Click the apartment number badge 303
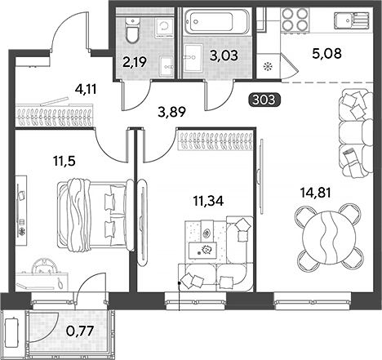pos(264,100)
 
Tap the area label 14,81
pos(315,193)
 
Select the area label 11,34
pos(208,201)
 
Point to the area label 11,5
pos(64,161)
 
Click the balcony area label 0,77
pos(80,331)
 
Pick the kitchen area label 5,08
pos(326,53)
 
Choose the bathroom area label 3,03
pos(224,56)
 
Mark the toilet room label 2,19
pos(135,62)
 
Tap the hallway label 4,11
pos(86,89)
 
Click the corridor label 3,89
pos(172,112)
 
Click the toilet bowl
pos(133,29)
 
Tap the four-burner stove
pos(295,19)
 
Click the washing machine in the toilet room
pos(164,28)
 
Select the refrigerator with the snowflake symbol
pos(269,66)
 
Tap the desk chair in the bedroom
pos(45,266)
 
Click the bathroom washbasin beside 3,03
pos(193,57)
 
